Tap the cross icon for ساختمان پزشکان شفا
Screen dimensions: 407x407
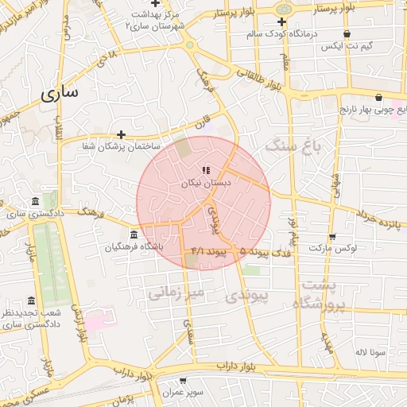coord(121,134)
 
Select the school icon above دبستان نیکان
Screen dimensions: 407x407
coord(207,169)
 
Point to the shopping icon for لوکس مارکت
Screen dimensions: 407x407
coord(331,236)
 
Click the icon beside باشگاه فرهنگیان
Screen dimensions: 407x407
coord(132,235)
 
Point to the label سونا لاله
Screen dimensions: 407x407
coord(371,351)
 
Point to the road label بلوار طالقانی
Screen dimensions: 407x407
coord(255,78)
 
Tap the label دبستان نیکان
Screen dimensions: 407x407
coord(206,183)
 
